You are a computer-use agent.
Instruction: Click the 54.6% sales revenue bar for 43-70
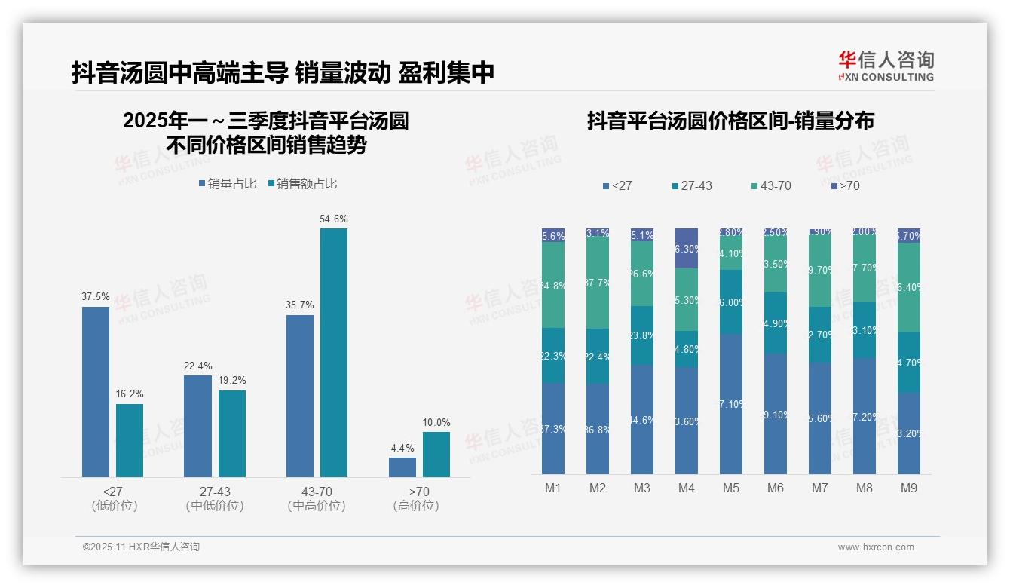coord(334,352)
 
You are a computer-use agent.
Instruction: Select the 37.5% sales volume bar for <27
coord(96,391)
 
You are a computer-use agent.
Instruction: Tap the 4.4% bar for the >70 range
coord(402,467)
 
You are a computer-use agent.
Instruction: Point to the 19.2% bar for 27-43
coord(232,433)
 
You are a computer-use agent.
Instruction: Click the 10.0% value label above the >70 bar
coord(436,422)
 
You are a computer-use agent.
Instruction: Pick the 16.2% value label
coord(130,394)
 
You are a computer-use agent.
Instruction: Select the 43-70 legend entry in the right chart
coord(771,185)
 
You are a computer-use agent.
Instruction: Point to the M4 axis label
coord(686,488)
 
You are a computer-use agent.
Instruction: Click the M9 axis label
coord(909,488)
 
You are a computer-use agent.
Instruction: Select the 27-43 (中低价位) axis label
coord(215,498)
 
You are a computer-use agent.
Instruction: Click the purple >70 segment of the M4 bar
coord(687,248)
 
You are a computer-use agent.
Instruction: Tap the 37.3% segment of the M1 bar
coord(553,428)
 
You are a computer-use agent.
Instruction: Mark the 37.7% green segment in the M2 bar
coord(598,283)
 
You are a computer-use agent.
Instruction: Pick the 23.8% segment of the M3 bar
coord(642,335)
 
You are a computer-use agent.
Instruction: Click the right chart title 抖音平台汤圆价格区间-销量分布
coord(730,121)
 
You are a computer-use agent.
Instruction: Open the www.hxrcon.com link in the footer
coord(876,547)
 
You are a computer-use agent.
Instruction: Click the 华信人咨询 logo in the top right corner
coord(886,66)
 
